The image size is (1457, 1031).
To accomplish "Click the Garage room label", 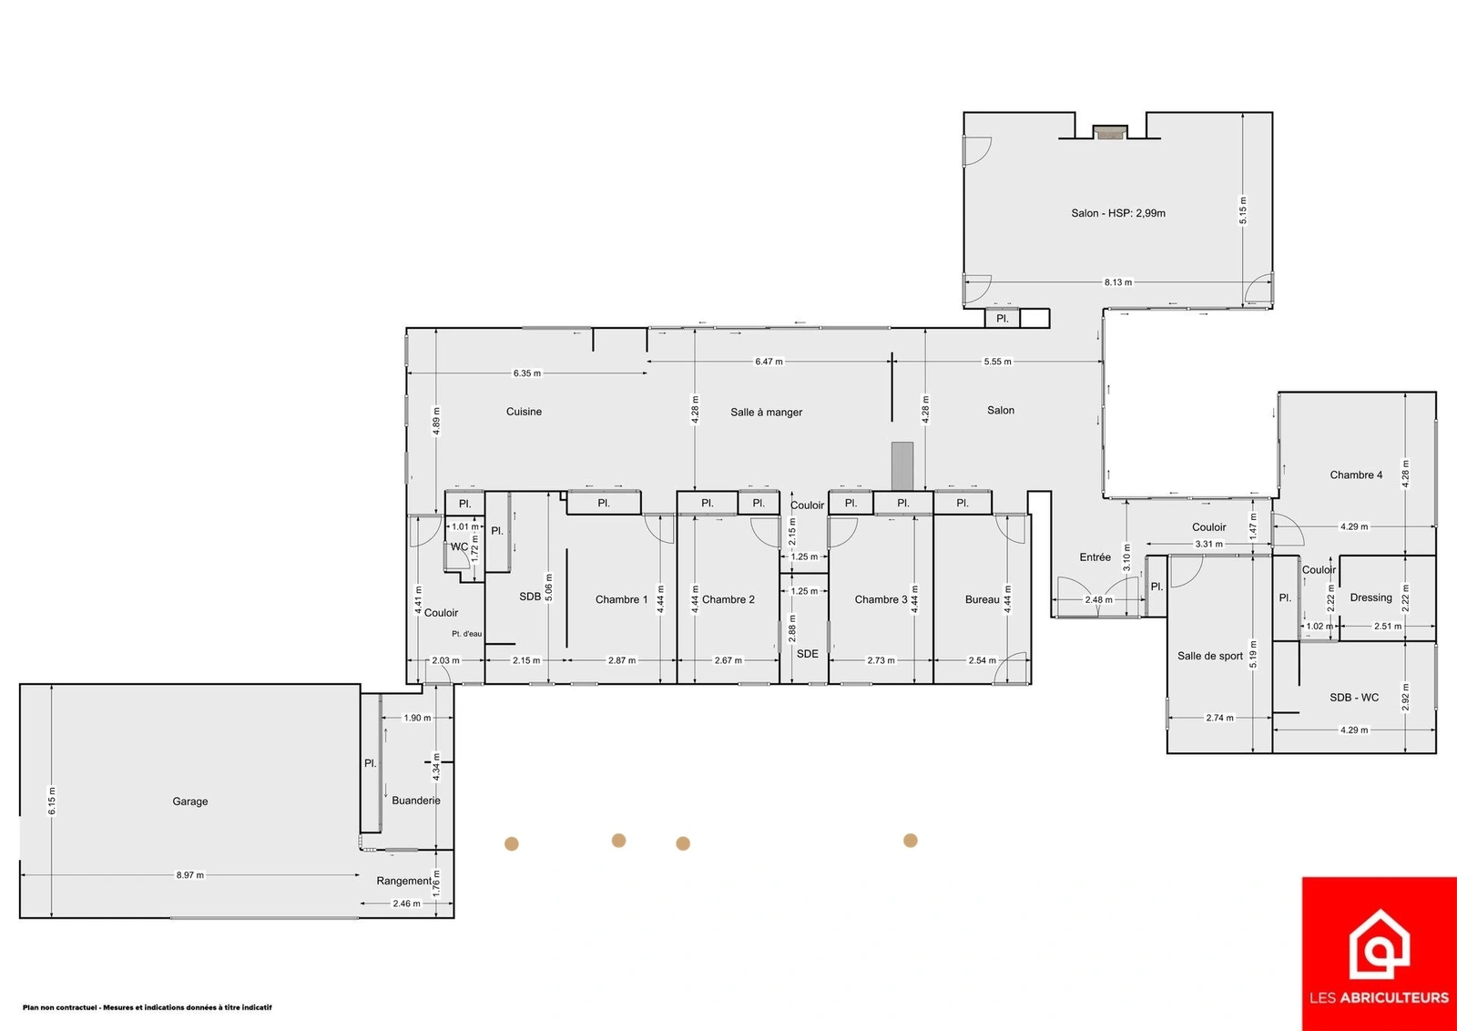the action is [x=190, y=801].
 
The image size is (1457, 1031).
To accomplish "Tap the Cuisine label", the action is [x=524, y=411].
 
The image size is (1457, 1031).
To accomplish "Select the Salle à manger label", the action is [x=766, y=412].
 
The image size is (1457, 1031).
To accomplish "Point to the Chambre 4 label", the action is [x=1356, y=475].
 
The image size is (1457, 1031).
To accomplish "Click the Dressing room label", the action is [x=1371, y=597].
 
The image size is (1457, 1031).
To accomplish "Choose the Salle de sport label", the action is [x=1210, y=656].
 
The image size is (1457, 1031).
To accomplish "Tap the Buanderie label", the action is [x=415, y=800].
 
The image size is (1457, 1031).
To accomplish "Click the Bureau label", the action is [x=983, y=599].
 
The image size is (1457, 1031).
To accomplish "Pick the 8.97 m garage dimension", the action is [x=190, y=875].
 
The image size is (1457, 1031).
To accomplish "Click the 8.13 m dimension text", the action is [x=1117, y=282].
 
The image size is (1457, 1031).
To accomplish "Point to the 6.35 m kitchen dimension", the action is [x=527, y=373].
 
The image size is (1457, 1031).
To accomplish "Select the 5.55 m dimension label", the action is [x=997, y=362].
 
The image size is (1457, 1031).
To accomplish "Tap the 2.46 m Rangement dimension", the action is [x=406, y=903].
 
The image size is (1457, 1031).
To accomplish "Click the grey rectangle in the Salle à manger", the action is [x=902, y=465].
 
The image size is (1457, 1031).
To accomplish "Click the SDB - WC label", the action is [x=1354, y=698].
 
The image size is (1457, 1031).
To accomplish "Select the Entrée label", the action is [x=1095, y=556].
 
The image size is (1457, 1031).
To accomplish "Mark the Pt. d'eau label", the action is [x=467, y=634].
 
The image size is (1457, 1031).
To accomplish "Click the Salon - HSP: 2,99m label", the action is [x=1118, y=213].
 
